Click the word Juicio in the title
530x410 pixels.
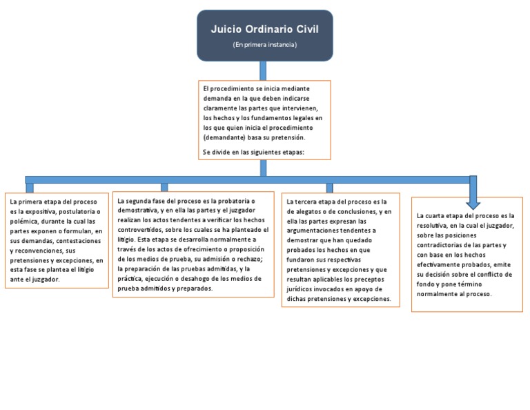(x=228, y=30)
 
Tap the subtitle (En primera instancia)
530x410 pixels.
(x=264, y=45)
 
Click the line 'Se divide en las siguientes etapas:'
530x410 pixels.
(x=253, y=151)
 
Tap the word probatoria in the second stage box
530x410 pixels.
(x=224, y=200)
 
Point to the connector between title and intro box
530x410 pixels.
(x=264, y=70)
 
